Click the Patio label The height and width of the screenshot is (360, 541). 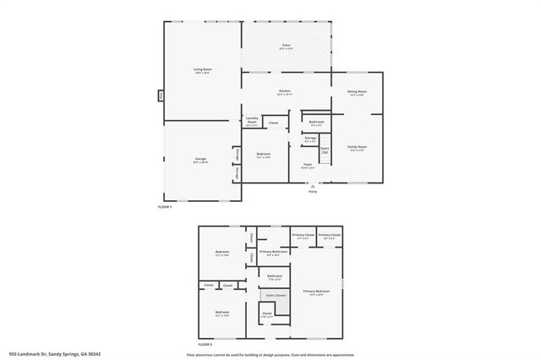click(x=285, y=47)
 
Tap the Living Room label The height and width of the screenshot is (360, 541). click(x=202, y=70)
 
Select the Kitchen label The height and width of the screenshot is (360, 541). click(x=285, y=92)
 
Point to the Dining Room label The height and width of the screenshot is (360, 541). click(x=357, y=92)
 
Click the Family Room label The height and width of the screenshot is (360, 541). click(x=357, y=148)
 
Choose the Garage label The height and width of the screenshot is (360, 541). click(x=200, y=160)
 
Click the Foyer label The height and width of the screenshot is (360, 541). click(x=308, y=166)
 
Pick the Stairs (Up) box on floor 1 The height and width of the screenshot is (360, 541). click(x=325, y=150)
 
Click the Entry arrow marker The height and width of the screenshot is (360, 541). click(x=313, y=186)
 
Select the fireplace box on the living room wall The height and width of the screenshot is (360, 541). click(x=161, y=95)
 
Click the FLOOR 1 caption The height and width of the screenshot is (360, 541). click(x=165, y=207)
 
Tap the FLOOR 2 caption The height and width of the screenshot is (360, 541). click(x=205, y=346)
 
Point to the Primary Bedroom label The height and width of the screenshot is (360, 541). click(x=316, y=292)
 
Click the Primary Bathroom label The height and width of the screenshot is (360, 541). click(x=274, y=252)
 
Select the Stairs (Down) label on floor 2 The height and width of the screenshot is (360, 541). click(x=276, y=295)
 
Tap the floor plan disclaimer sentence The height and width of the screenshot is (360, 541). click(x=270, y=355)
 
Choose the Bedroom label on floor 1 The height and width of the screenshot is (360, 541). click(x=264, y=155)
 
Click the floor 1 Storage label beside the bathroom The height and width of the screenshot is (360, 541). click(x=311, y=138)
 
